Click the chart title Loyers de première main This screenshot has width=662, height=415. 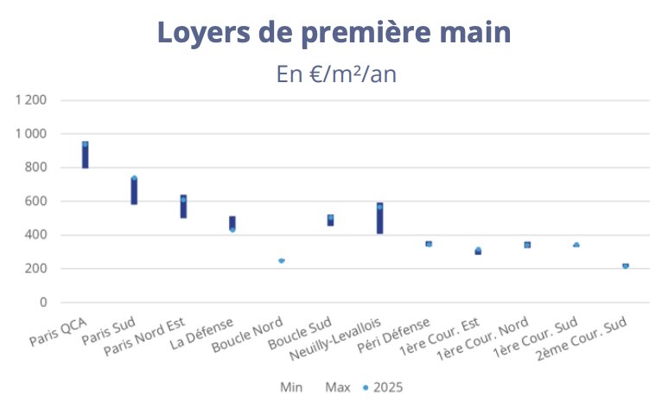334,33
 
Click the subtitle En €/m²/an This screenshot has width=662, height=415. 336,73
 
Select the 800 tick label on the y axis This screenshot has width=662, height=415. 36,168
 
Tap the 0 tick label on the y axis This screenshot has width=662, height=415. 42,303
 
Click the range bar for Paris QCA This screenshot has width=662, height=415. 85,156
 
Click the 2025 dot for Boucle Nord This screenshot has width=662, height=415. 282,260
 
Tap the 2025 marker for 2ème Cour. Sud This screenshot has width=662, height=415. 626,266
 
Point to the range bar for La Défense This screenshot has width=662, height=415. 232,222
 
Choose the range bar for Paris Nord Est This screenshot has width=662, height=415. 183,207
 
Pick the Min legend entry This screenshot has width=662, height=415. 291,387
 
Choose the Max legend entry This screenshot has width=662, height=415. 338,387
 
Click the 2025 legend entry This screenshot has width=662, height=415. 383,387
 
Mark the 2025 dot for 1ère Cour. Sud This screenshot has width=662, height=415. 576,246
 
